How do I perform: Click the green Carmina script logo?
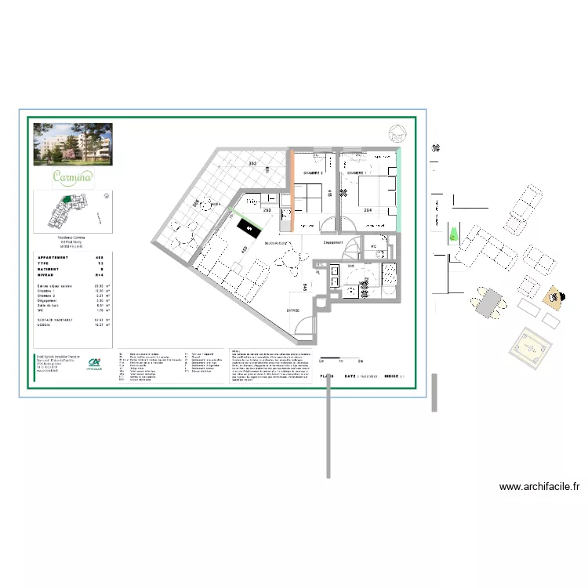[x=72, y=176]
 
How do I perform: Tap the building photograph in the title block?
[x=72, y=144]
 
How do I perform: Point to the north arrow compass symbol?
[x=397, y=134]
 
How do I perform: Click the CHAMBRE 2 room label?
[x=314, y=172]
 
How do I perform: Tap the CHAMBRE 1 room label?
[x=359, y=172]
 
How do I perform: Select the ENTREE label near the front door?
[x=293, y=310]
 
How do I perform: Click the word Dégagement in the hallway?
[x=336, y=243]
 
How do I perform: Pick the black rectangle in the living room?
[x=249, y=229]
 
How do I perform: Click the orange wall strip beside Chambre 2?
[x=292, y=191]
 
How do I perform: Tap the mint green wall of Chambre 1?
[x=398, y=192]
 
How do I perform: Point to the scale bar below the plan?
[x=339, y=359]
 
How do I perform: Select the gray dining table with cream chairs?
[x=488, y=302]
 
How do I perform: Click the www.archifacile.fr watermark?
[x=540, y=487]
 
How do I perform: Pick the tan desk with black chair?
[x=554, y=297]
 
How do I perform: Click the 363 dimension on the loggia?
[x=252, y=163]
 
